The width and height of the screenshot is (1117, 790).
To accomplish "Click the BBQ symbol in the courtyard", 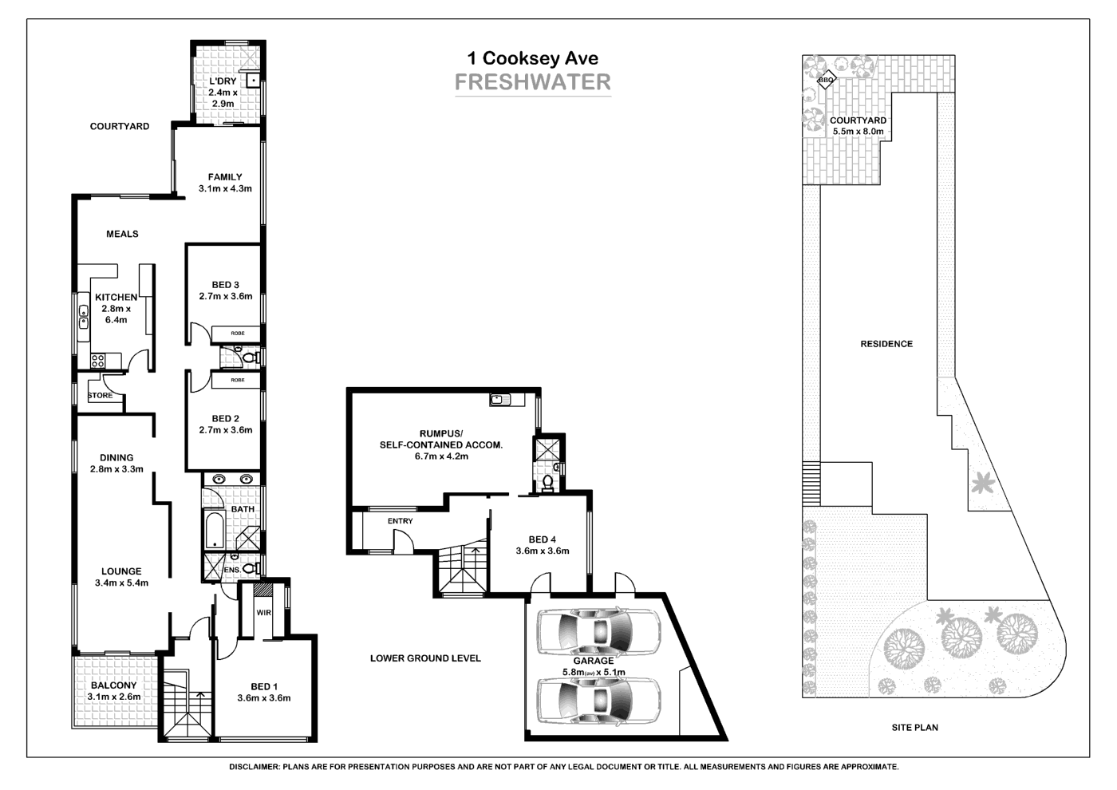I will coord(826,80).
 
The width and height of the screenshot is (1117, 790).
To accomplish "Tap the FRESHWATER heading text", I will coord(532,82).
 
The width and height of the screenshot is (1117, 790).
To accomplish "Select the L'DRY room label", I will coord(223,81).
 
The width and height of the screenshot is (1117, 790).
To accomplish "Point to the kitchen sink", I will coord(83,318).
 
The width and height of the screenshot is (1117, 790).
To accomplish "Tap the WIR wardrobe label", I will coord(264,613).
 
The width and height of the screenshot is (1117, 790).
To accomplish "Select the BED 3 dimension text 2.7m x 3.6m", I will coord(225,296).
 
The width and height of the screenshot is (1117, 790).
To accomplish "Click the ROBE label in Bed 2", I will coord(238,380).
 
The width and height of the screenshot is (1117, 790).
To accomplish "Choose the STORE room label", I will coord(101,395).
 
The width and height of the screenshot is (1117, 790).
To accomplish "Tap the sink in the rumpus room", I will coord(500,399).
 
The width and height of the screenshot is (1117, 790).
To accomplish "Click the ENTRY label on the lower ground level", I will coord(401,521).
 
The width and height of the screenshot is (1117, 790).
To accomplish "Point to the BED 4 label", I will coord(543,539).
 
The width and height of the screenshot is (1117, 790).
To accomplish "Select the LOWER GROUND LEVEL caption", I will coord(425,658).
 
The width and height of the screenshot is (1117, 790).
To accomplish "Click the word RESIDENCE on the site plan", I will coord(886,344).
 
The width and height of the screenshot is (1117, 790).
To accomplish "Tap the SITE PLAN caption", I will coord(914,728).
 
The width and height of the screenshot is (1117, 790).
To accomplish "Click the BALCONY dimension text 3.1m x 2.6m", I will coord(114,697).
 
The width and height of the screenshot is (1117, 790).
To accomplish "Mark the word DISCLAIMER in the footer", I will coord(254,767).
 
